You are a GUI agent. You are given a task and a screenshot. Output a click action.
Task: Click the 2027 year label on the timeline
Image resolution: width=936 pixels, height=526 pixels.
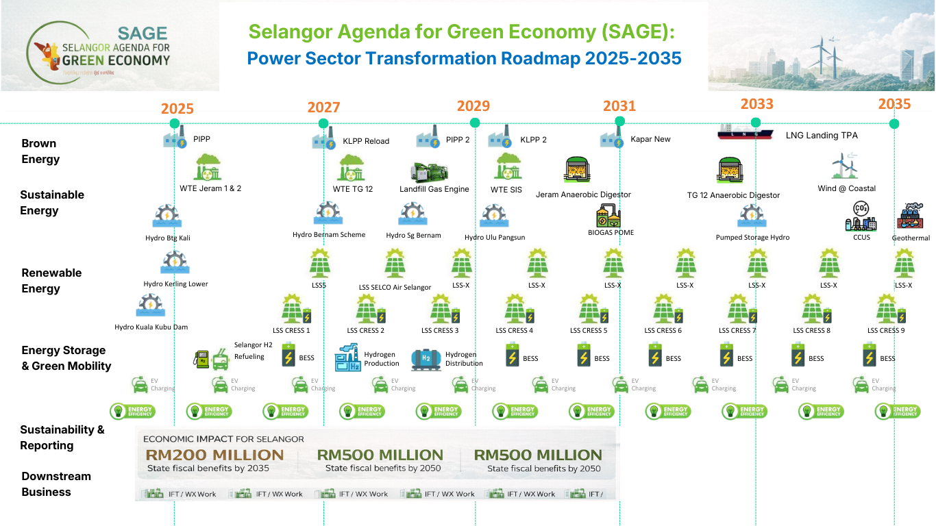pyautogui.click(x=323, y=108)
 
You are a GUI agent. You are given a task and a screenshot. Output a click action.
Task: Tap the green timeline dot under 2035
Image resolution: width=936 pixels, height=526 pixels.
pyautogui.click(x=894, y=124)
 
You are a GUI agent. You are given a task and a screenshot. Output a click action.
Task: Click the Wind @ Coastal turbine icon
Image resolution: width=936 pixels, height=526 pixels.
pyautogui.click(x=843, y=166)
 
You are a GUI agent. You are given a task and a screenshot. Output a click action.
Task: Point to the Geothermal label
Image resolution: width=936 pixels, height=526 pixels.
pyautogui.click(x=911, y=238)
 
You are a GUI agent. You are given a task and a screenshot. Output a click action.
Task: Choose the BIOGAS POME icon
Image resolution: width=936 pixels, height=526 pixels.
pyautogui.click(x=610, y=215)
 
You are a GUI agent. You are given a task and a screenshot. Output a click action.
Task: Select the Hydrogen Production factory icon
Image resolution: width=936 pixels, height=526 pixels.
pyautogui.click(x=348, y=358)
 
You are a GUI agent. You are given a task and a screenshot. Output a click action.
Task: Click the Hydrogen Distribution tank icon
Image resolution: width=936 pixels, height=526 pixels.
pyautogui.click(x=426, y=359)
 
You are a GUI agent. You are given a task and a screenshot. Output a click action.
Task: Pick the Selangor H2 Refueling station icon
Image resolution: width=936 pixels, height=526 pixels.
pyautogui.click(x=211, y=358)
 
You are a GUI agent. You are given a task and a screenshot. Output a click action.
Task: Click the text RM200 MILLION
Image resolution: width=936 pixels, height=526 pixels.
pyautogui.click(x=215, y=455)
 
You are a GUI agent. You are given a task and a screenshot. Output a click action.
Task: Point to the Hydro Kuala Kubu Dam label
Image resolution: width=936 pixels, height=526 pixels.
pyautogui.click(x=151, y=327)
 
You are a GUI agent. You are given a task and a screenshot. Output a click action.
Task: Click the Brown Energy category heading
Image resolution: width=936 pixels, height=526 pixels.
pyautogui.click(x=40, y=151)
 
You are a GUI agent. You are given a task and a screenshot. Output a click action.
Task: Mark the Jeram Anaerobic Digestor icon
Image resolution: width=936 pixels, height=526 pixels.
pyautogui.click(x=578, y=171)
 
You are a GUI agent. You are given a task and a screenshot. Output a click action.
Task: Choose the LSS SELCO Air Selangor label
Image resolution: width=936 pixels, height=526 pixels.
pyautogui.click(x=395, y=287)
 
